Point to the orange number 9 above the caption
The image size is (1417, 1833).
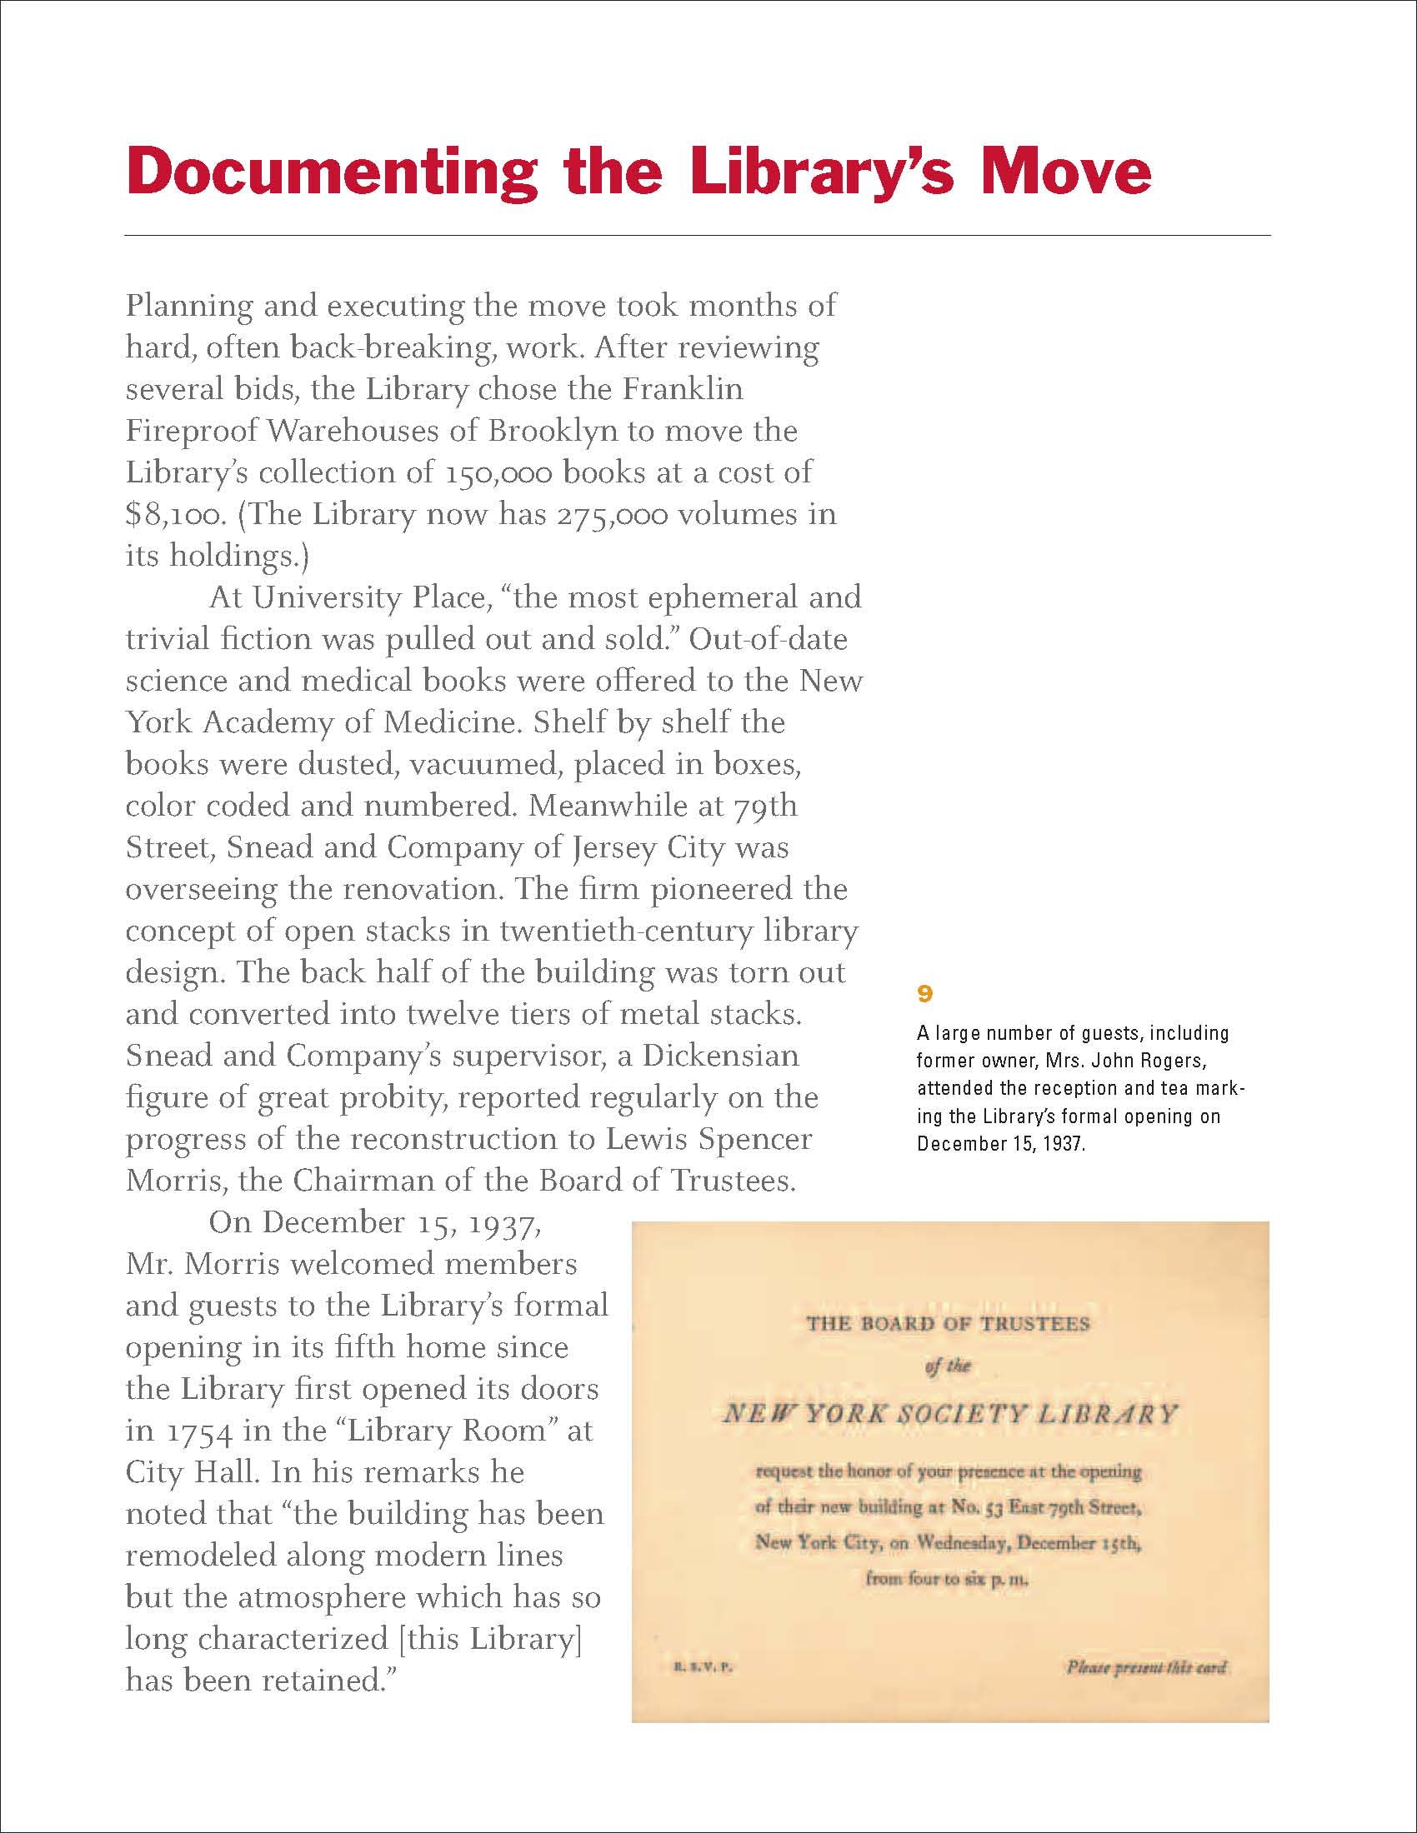click(x=924, y=994)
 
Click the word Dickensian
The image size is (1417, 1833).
click(x=720, y=1056)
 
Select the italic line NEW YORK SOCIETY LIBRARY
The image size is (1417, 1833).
click(x=949, y=1414)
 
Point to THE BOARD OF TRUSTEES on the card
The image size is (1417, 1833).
click(x=948, y=1325)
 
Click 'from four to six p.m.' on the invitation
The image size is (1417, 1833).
click(x=947, y=1579)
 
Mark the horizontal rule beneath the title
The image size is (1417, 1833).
click(x=697, y=236)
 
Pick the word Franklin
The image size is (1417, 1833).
click(x=683, y=389)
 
